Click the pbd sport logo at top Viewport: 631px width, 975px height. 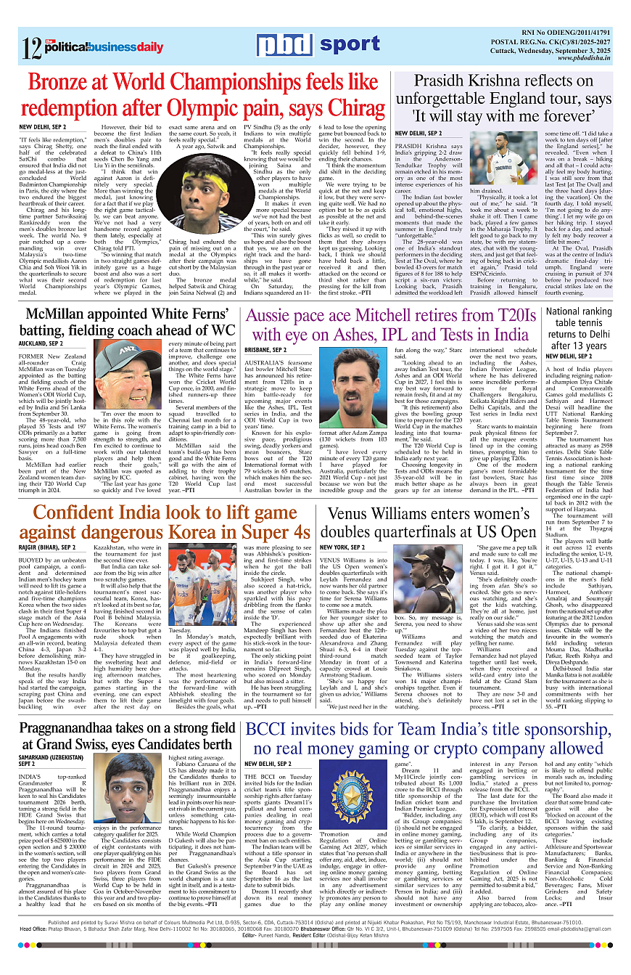(x=319, y=46)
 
